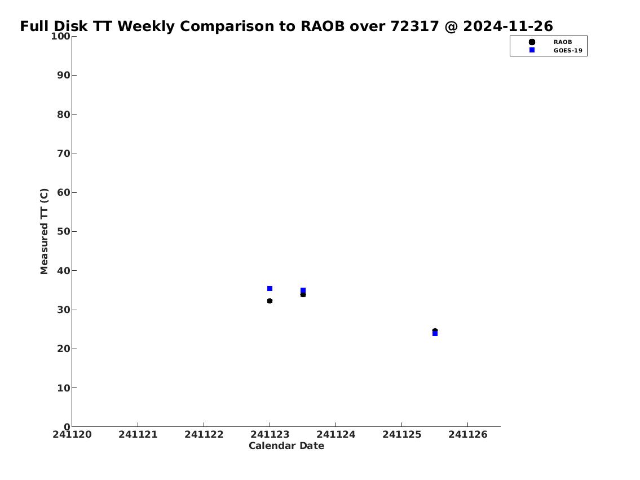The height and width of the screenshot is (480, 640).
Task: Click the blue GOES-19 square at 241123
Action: tap(270, 289)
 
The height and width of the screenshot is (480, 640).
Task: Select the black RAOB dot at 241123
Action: tap(270, 301)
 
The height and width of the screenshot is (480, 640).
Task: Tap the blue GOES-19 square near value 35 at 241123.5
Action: tap(303, 290)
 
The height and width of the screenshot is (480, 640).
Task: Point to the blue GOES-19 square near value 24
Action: tap(435, 333)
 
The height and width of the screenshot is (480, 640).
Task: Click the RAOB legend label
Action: tap(562, 42)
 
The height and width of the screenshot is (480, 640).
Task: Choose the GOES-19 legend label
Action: tap(568, 51)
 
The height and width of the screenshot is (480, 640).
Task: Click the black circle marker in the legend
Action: tap(532, 42)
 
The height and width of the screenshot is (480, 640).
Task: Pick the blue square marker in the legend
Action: tap(532, 50)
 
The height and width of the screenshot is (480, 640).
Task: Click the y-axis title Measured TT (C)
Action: tap(44, 231)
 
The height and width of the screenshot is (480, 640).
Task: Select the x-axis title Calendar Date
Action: tap(286, 446)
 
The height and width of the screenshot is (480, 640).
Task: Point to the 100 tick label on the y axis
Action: tap(60, 36)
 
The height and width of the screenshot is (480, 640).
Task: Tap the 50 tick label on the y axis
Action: tap(64, 231)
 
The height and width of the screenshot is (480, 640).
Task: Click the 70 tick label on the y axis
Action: tap(64, 153)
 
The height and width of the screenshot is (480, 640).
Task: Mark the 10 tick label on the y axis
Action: tap(64, 387)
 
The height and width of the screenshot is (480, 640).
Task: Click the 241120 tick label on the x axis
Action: tap(72, 434)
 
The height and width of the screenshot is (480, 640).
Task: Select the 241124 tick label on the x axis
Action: tap(336, 434)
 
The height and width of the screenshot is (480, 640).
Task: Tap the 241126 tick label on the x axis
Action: tap(468, 434)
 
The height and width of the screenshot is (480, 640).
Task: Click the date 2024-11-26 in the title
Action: tap(507, 26)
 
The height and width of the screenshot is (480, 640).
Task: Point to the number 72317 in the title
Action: tap(414, 26)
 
